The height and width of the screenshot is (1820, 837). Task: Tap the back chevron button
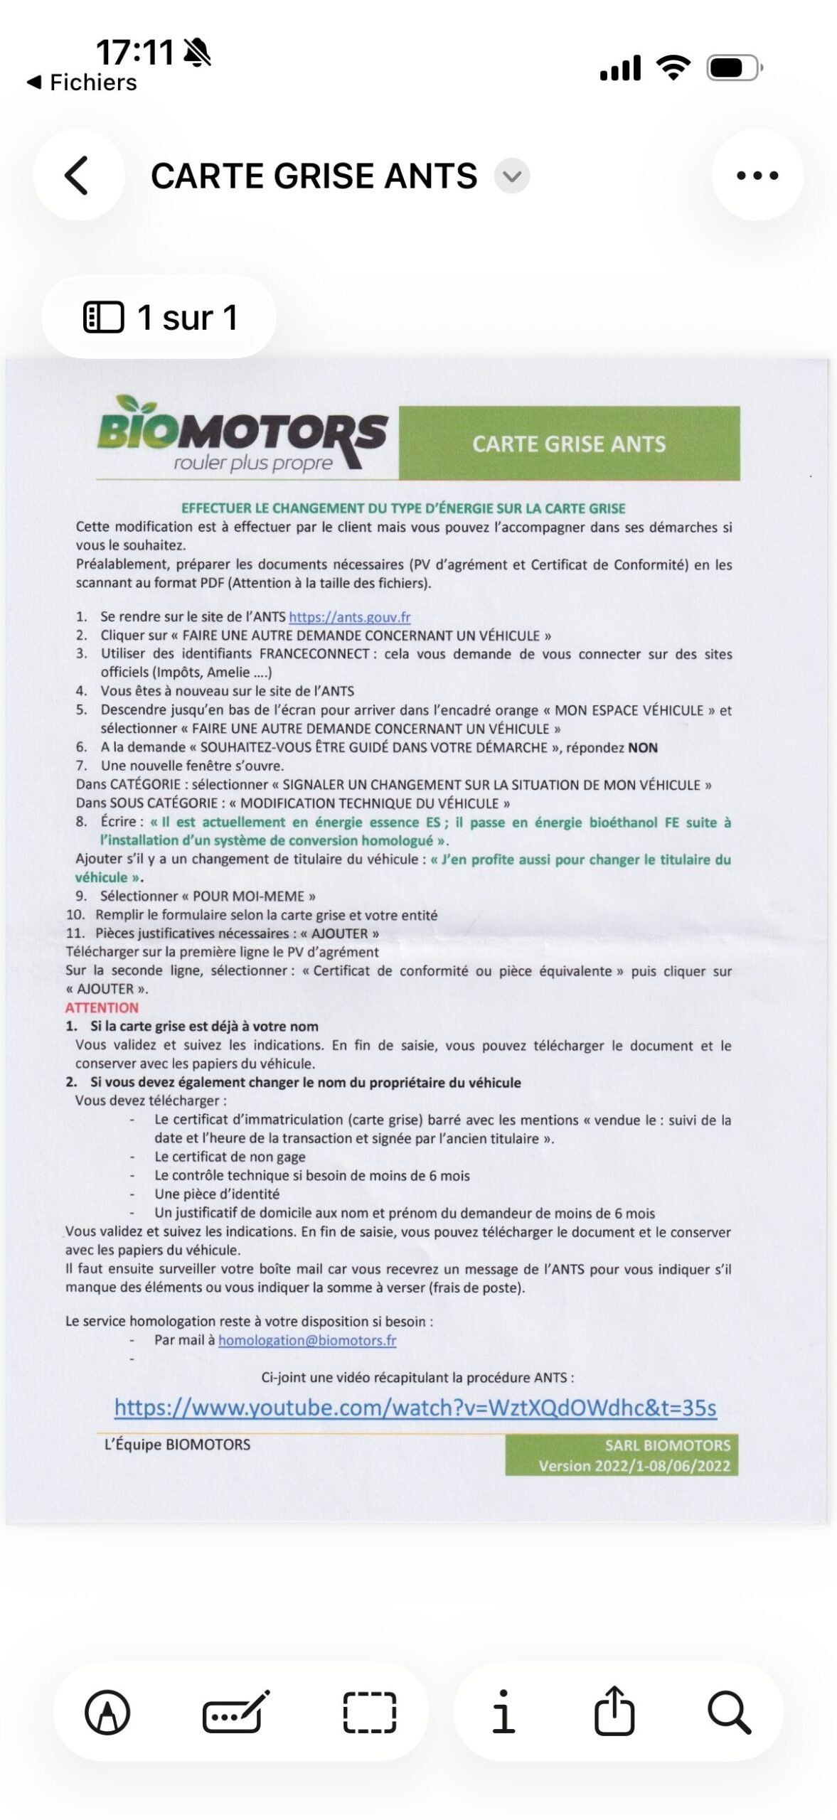[x=78, y=176]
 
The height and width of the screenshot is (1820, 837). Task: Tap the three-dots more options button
[x=757, y=176]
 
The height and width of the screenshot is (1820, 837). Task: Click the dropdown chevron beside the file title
[x=512, y=176]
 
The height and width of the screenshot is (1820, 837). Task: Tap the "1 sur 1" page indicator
[x=159, y=317]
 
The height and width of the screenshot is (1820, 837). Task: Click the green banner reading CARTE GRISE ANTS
[x=569, y=444]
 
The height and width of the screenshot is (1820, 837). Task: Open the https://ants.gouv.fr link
[x=349, y=617]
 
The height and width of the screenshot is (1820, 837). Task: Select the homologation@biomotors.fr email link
[x=307, y=1340]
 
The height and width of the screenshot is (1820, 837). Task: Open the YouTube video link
[x=415, y=1408]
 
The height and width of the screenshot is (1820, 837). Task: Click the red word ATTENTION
[x=102, y=1007]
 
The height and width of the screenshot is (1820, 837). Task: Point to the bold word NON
[x=642, y=747]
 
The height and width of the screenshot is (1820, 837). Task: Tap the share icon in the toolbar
[x=614, y=1712]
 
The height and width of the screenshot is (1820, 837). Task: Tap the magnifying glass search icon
[x=730, y=1712]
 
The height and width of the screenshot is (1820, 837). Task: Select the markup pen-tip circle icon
[x=107, y=1712]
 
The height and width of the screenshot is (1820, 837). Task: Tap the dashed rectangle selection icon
[x=370, y=1712]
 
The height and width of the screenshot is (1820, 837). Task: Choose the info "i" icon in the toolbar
[x=503, y=1712]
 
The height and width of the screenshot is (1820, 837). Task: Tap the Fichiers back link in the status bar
[x=82, y=82]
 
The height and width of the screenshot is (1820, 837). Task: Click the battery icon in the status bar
[x=734, y=68]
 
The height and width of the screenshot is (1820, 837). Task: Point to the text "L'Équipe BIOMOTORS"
[x=177, y=1445]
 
